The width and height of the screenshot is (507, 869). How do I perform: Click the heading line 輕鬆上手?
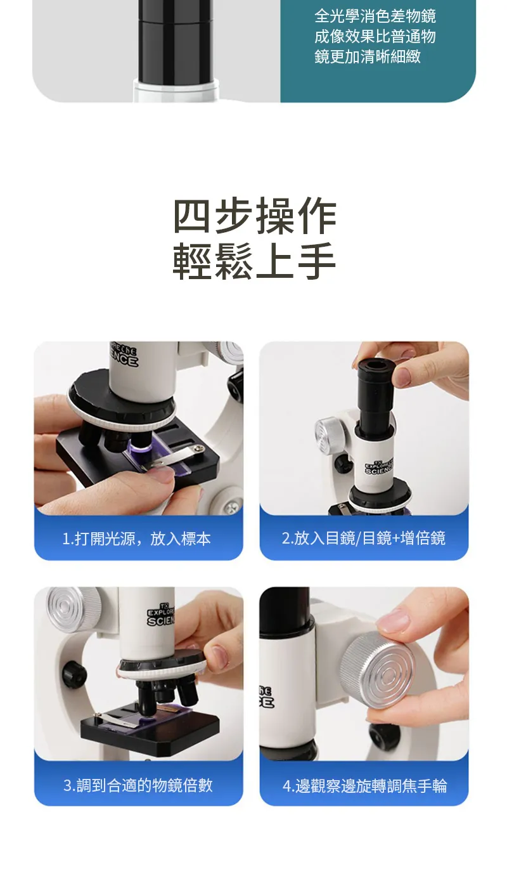254,261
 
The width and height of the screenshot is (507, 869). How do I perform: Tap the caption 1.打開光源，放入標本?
136,539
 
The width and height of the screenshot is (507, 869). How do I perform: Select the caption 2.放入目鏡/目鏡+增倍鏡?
364,539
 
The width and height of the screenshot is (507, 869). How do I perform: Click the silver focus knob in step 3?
72,610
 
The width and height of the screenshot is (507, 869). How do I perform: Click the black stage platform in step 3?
150,722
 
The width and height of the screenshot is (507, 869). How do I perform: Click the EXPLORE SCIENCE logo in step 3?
161,615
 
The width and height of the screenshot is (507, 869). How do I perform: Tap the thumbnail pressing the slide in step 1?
162,474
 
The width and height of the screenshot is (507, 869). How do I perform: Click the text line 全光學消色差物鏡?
375,16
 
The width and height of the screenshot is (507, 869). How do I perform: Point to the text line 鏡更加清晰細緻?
368,56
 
